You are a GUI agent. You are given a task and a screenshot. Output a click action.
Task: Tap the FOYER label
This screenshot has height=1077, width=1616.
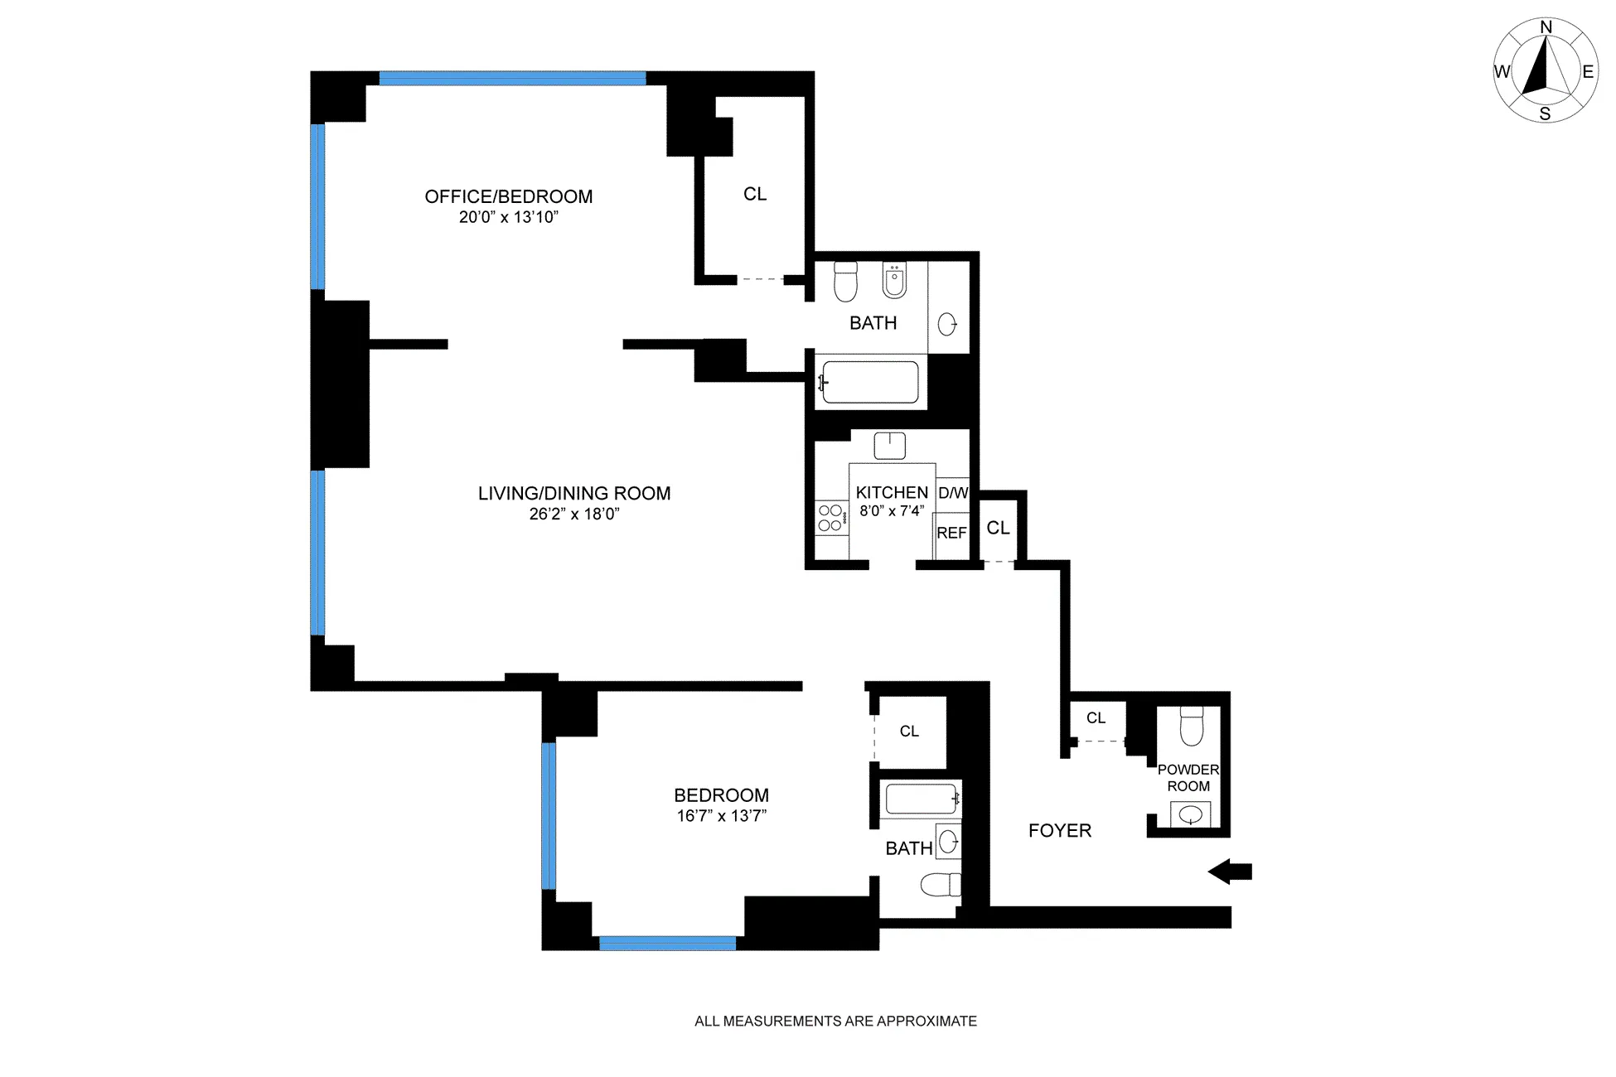click(1059, 831)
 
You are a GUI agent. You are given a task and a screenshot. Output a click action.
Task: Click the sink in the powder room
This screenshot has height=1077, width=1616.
click(1190, 815)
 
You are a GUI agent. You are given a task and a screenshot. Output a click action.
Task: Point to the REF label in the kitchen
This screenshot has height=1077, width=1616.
click(951, 534)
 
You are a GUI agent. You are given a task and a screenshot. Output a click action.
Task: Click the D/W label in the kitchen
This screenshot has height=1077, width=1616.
click(953, 493)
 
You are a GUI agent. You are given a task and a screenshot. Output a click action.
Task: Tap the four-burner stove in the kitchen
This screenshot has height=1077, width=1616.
click(831, 518)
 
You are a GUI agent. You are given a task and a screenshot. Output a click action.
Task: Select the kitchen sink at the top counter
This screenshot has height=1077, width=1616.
click(889, 445)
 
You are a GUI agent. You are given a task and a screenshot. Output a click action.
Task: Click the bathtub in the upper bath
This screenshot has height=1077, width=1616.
click(869, 382)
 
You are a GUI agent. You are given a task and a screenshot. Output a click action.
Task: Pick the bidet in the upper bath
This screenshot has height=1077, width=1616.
click(893, 281)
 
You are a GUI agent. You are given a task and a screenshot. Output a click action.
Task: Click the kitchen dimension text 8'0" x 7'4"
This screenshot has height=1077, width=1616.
click(892, 511)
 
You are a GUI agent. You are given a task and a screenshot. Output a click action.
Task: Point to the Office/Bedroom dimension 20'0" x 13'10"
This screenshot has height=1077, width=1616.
click(509, 218)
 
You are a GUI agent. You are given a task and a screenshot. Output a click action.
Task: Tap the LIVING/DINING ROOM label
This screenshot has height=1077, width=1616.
click(574, 494)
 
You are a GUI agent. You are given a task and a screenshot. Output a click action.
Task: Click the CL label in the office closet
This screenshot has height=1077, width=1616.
click(755, 194)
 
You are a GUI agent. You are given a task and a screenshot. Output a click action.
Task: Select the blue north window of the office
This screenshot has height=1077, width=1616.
click(512, 79)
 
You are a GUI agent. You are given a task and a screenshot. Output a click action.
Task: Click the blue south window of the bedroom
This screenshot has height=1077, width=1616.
click(667, 943)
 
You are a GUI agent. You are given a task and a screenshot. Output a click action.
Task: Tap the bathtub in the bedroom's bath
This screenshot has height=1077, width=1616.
click(921, 799)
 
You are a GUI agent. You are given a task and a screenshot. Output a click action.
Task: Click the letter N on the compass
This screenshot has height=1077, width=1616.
click(1546, 27)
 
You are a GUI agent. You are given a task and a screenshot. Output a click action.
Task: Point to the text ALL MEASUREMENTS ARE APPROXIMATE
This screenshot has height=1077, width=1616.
click(835, 1021)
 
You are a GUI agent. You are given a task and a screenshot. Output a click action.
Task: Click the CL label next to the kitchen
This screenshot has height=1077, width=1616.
click(998, 529)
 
